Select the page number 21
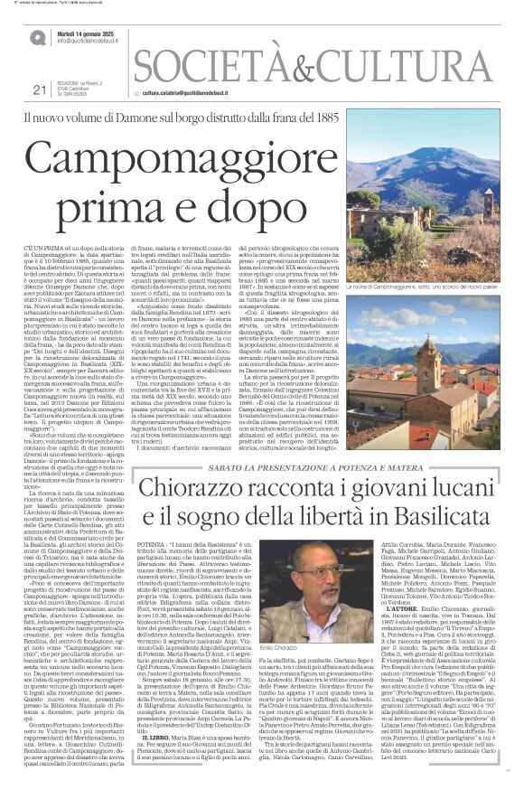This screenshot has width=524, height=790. [38, 89]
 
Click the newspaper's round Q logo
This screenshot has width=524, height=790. [37, 37]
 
